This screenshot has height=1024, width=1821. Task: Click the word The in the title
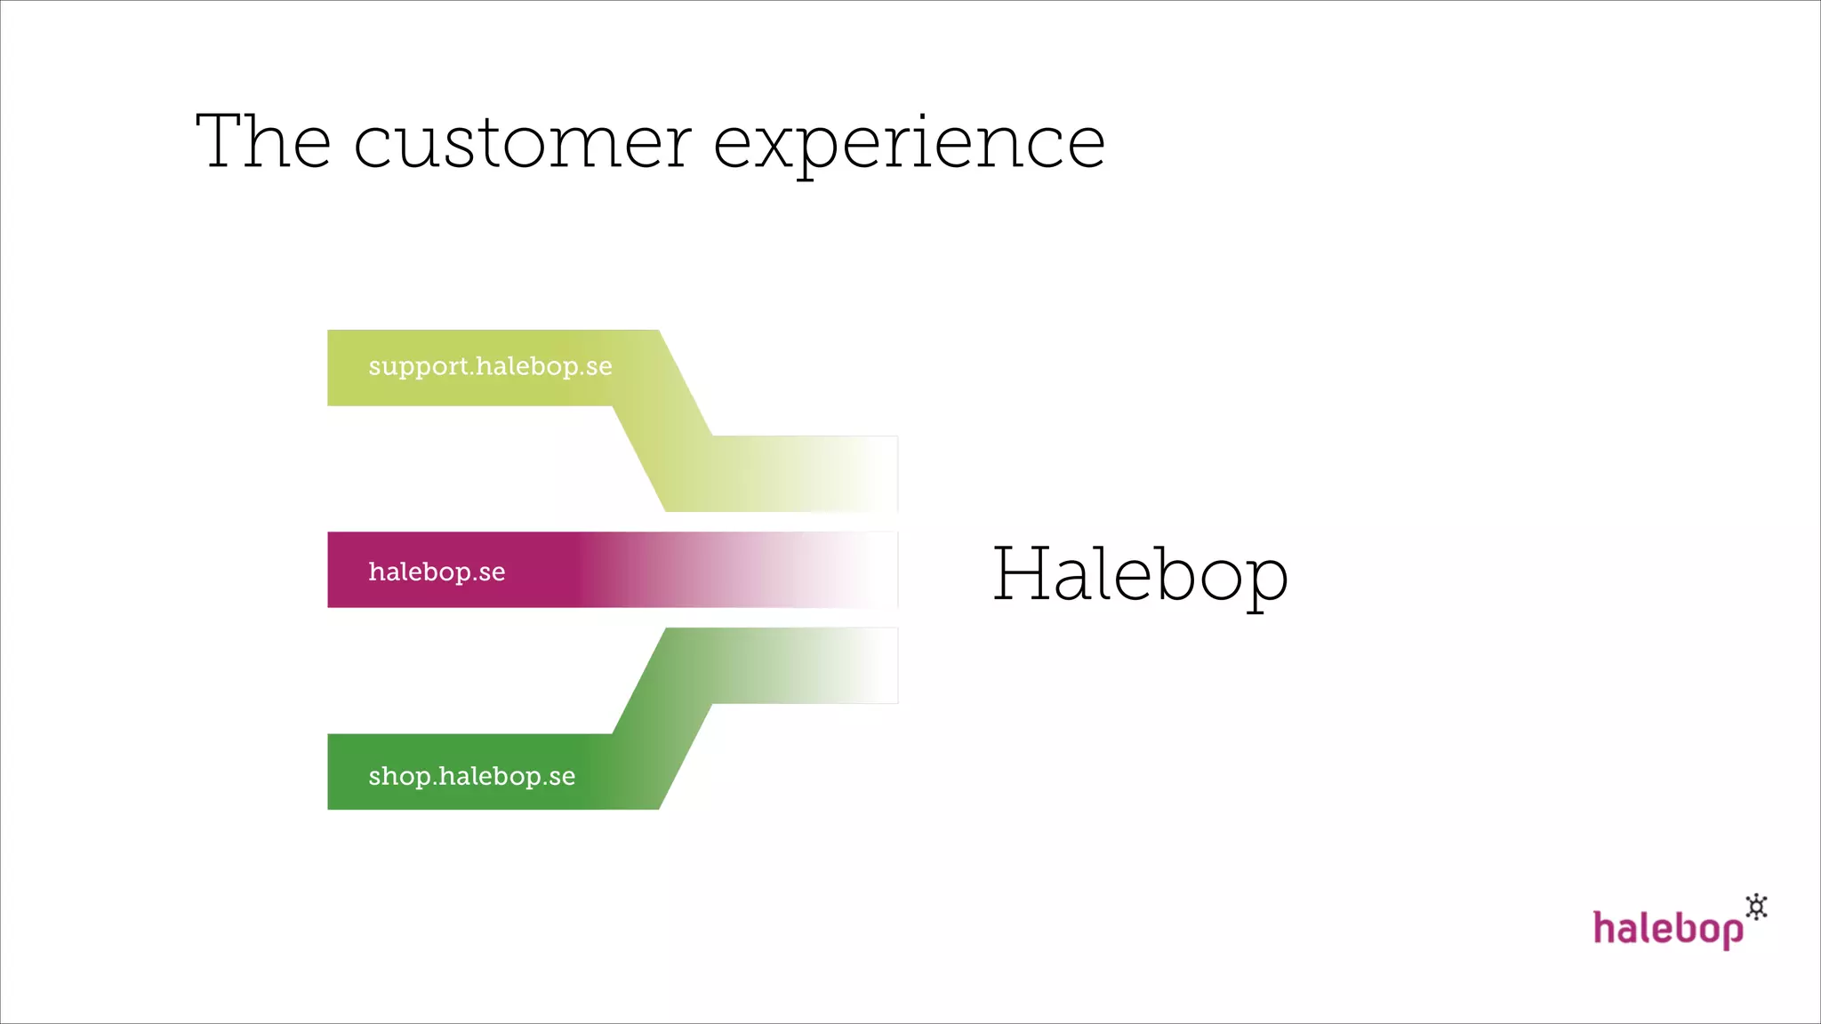click(x=263, y=142)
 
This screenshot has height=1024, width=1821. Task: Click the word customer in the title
click(x=522, y=144)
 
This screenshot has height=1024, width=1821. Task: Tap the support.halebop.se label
click(x=490, y=367)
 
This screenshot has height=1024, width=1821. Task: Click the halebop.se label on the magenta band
click(x=437, y=572)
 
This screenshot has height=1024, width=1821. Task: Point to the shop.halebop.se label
click(x=471, y=777)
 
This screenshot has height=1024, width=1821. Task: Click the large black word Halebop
click(x=1139, y=576)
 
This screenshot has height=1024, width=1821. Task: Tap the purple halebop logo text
click(x=1667, y=929)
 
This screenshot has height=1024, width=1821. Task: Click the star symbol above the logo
click(x=1756, y=907)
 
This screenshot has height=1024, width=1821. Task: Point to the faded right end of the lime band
click(x=845, y=474)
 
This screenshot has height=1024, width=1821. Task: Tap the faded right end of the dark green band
click(x=845, y=666)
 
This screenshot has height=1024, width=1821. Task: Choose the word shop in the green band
click(x=399, y=777)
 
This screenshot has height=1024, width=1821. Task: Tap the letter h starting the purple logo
click(x=1603, y=927)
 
